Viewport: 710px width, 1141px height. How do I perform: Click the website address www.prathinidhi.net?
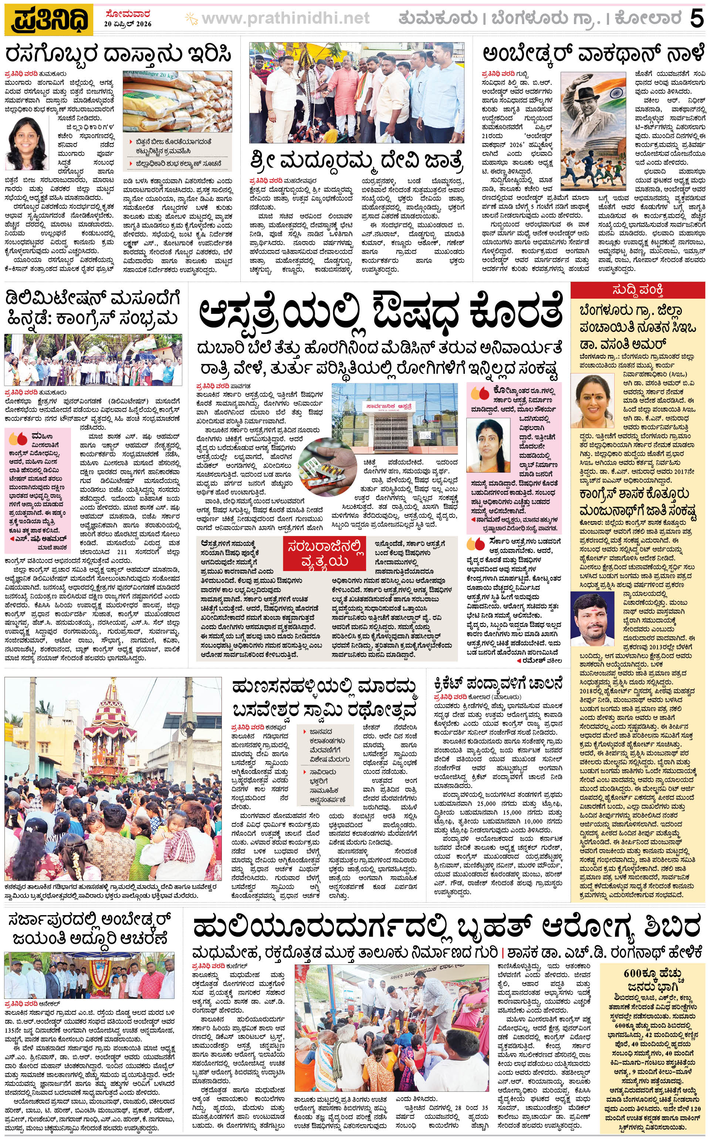[x=285, y=19]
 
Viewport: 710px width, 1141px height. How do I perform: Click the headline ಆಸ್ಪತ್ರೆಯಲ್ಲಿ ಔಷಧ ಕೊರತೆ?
[x=379, y=313]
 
